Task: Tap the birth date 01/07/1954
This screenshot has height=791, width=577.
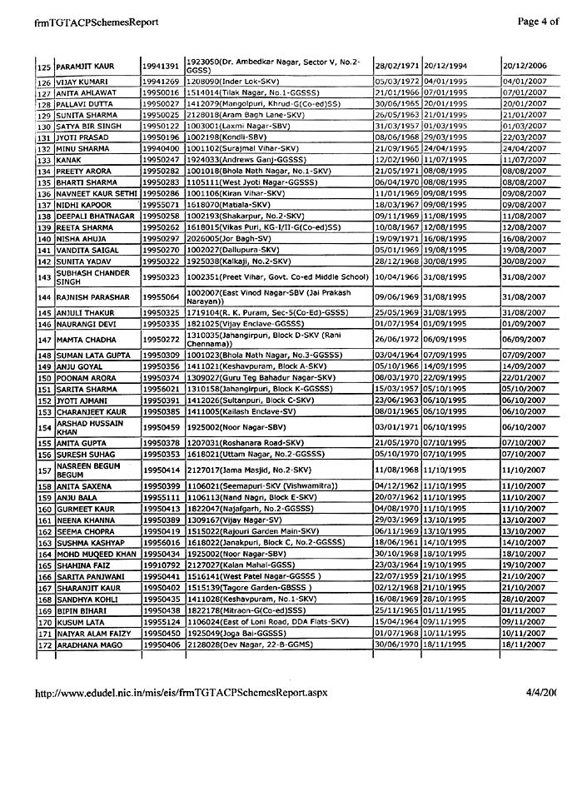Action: [395, 324]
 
